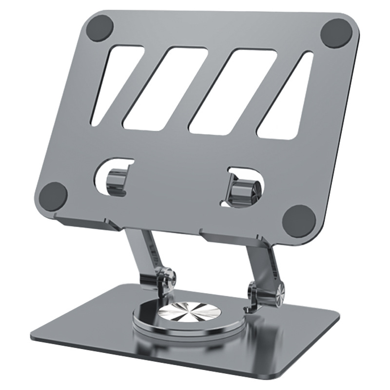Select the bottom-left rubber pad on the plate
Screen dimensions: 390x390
pyautogui.click(x=52, y=196)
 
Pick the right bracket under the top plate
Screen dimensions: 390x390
pyautogui.click(x=229, y=241)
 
